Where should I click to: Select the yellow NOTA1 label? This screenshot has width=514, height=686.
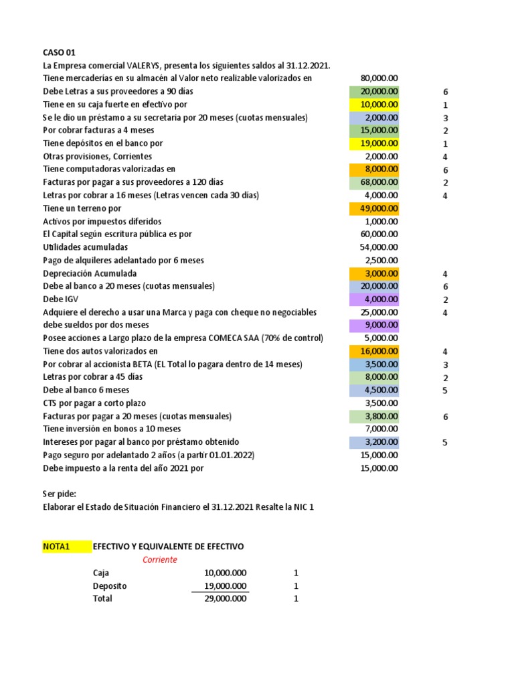(56, 547)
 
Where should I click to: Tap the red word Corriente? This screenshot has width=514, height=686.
(159, 559)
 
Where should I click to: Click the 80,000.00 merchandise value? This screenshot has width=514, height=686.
(379, 78)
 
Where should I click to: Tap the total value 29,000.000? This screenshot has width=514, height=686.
(225, 599)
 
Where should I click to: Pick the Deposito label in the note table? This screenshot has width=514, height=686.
(110, 586)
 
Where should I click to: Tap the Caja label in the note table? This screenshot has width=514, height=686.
(101, 573)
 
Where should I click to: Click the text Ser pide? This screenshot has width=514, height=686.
(60, 494)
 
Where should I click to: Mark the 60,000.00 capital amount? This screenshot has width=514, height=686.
(379, 234)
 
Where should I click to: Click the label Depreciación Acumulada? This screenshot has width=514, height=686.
(90, 273)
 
